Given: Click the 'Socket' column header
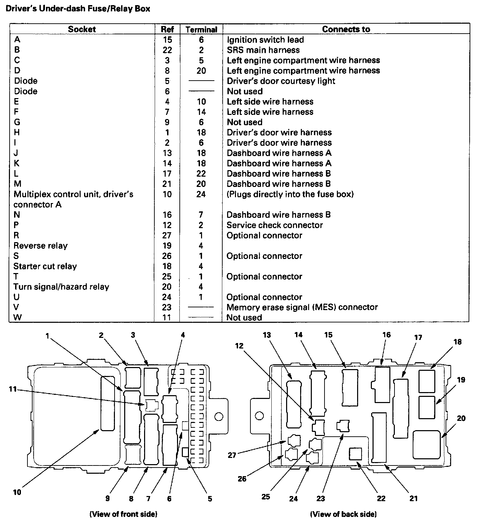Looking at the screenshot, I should click(x=82, y=29).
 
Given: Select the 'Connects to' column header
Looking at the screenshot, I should click(x=346, y=29).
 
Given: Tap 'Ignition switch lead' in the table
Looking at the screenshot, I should click(x=265, y=40).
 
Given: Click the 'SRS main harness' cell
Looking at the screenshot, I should click(x=263, y=50).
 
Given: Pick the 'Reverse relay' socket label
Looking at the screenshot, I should click(x=40, y=246).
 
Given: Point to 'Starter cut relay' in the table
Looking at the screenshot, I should click(x=45, y=266).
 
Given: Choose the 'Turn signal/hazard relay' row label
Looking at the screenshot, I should click(x=61, y=287).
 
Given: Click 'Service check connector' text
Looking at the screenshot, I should click(x=274, y=225).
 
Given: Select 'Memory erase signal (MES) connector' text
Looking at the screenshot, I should click(x=302, y=307).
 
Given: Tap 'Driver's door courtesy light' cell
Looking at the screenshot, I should click(x=281, y=81).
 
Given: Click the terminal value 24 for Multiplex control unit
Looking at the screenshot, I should click(x=201, y=194).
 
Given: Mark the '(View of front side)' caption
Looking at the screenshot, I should click(x=123, y=514).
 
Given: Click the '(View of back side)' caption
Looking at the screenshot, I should click(x=343, y=514).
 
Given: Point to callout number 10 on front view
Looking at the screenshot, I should click(x=17, y=492).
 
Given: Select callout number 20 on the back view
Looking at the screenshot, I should click(x=461, y=418).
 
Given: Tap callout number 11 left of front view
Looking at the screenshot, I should click(x=13, y=389).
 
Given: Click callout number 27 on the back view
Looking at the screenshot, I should click(x=232, y=455).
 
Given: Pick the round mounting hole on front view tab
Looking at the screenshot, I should click(x=219, y=417).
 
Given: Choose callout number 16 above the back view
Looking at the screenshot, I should click(x=387, y=335).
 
